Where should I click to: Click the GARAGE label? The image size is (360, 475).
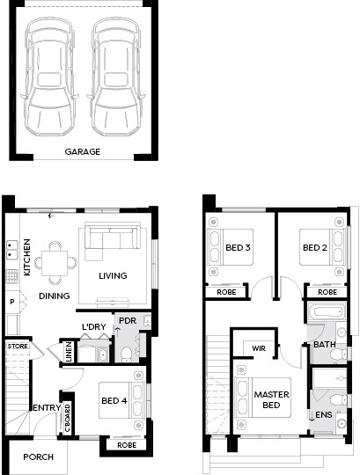point(83,152)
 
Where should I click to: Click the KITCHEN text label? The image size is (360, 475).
point(27,257)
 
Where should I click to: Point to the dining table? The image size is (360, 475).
point(55,263)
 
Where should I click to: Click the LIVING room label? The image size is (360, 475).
point(113,275)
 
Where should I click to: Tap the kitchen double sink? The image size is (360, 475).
point(12,250)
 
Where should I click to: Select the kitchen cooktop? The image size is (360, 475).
point(11,276)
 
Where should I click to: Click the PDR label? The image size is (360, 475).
point(128,320)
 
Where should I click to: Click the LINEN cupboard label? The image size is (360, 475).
point(69,351)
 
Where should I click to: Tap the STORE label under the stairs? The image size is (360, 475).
point(18,346)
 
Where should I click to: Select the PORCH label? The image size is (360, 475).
point(38,457)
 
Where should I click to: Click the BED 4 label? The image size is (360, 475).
point(114,401)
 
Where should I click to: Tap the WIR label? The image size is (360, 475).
point(259,348)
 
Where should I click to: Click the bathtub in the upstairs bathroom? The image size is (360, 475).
point(327,311)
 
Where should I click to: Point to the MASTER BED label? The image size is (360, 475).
point(271,400)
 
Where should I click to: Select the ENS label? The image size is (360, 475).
point(324,414)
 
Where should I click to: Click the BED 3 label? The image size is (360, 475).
point(238,248)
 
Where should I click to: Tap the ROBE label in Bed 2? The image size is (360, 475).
point(327,292)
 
